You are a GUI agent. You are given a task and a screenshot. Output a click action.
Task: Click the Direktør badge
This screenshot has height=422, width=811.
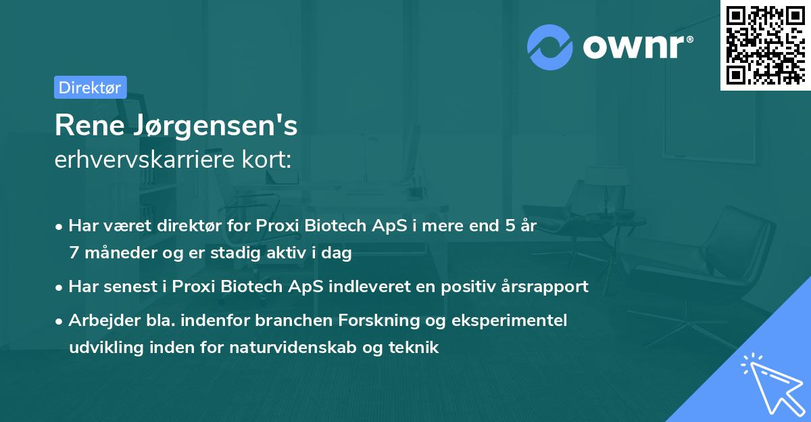pyautogui.click(x=90, y=87)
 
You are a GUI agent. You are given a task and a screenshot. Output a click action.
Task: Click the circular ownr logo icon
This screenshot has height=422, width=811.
pyautogui.click(x=550, y=47)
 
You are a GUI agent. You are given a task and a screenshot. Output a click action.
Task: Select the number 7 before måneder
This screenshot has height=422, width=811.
pyautogui.click(x=73, y=253)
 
